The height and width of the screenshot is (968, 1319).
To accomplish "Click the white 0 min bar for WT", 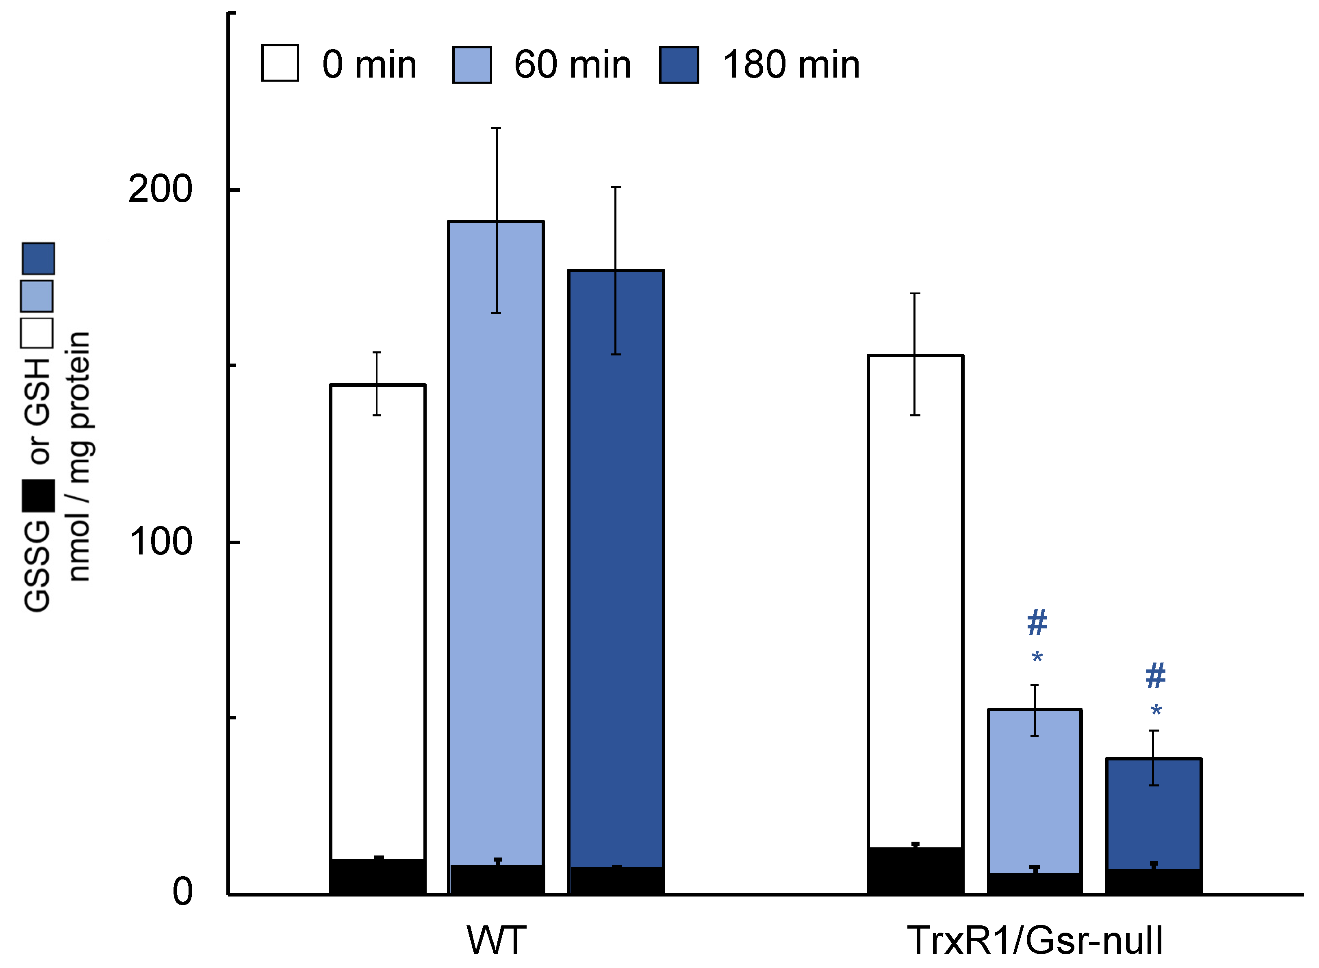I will pyautogui.click(x=377, y=621).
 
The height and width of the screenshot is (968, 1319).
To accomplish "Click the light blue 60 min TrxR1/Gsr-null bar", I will pyautogui.click(x=1035, y=791).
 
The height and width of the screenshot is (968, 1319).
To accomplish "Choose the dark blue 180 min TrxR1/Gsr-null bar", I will pyautogui.click(x=1154, y=814).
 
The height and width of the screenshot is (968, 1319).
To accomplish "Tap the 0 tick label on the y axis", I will pyautogui.click(x=182, y=892).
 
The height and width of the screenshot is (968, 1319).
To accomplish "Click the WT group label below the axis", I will pyautogui.click(x=496, y=940).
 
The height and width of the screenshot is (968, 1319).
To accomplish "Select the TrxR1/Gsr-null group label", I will pyautogui.click(x=1035, y=940).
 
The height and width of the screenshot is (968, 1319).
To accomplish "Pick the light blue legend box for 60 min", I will pyautogui.click(x=472, y=65).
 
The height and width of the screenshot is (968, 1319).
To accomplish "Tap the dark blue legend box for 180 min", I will pyautogui.click(x=679, y=65).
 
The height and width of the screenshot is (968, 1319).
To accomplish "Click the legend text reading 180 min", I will pyautogui.click(x=792, y=65).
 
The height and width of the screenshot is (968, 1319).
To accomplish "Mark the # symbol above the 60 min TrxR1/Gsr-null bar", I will pyautogui.click(x=1037, y=623).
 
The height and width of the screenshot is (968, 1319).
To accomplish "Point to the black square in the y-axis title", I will pyautogui.click(x=38, y=496).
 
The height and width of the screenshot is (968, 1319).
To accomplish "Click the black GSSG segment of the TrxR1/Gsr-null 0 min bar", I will pyautogui.click(x=915, y=871).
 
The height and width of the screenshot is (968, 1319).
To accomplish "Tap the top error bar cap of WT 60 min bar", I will pyautogui.click(x=496, y=128).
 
